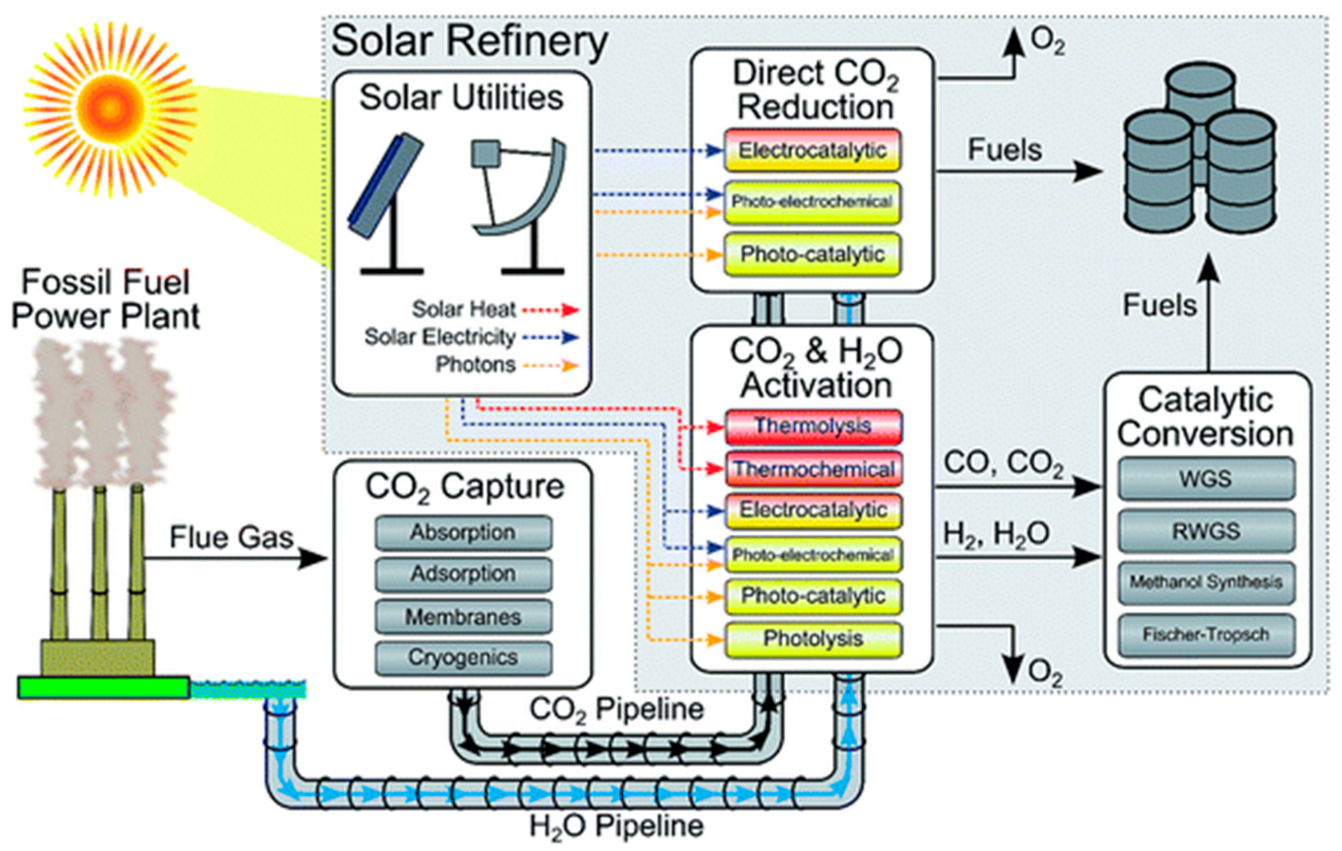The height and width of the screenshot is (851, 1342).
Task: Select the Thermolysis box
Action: pos(813,426)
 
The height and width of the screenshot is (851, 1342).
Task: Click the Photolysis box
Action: pos(813,639)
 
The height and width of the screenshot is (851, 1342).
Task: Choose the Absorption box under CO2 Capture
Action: pos(463,533)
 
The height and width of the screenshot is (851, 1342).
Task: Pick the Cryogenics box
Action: pos(463,657)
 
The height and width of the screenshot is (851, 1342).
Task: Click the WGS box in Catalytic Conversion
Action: pos(1206,479)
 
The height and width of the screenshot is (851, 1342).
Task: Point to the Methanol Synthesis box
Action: pos(1206,583)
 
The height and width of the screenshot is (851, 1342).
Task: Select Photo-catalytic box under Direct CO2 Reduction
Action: pos(812,255)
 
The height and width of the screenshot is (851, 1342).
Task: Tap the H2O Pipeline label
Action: pos(616,826)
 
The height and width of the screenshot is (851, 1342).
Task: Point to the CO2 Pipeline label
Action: pos(616,709)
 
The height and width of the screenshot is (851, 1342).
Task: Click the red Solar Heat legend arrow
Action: pos(551,310)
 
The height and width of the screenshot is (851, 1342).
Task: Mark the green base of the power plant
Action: pos(104,687)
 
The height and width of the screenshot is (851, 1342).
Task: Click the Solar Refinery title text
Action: pos(469,42)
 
